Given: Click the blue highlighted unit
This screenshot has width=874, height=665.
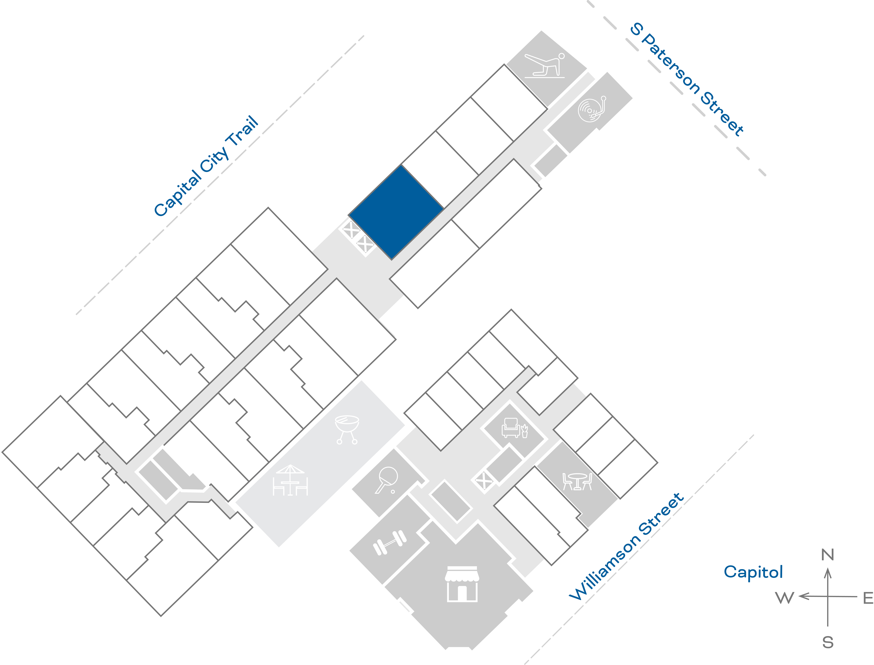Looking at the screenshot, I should coord(396,213).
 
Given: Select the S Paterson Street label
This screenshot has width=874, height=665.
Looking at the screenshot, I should coord(687,79).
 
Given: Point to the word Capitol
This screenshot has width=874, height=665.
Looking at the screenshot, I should coord(753,572).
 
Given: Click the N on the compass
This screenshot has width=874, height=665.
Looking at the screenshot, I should coord(827,555).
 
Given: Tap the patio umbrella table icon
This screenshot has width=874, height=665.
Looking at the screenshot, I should coord(290,480).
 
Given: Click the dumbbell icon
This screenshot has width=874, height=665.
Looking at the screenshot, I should coord(390,542).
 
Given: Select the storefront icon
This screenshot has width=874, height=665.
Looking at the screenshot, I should coord(462,584).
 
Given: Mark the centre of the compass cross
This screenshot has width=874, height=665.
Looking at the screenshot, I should coord(828,596).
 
